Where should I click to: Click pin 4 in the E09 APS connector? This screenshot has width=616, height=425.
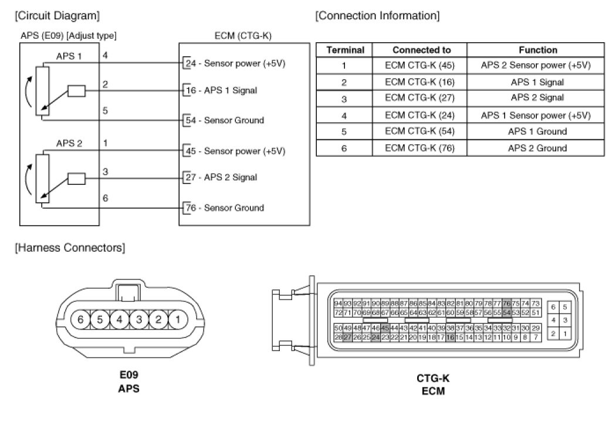[119, 320]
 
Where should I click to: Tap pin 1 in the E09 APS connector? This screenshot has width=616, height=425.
[178, 320]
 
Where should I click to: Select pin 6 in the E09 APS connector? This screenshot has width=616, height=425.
[80, 320]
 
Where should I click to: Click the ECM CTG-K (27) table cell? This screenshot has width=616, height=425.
[420, 97]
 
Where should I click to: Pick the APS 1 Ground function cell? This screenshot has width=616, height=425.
[538, 131]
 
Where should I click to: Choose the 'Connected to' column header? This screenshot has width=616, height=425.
[420, 50]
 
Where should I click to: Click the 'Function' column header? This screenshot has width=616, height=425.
[538, 50]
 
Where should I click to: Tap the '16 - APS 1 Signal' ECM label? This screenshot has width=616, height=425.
[221, 91]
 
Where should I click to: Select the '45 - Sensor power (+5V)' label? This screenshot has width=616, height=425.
[235, 151]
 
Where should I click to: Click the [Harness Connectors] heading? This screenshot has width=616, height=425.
[70, 248]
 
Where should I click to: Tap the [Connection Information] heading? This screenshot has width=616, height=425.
[377, 15]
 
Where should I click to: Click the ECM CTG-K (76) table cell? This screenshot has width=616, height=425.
[420, 148]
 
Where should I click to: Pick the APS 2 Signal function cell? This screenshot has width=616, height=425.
[538, 97]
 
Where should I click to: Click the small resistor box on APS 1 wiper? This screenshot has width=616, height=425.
[77, 91]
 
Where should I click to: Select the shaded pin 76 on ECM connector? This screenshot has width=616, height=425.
[506, 303]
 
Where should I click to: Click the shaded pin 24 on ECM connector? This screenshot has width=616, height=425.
[375, 338]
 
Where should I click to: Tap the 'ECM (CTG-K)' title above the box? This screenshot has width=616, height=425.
[243, 36]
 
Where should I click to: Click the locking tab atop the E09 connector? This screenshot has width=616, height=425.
[128, 291]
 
